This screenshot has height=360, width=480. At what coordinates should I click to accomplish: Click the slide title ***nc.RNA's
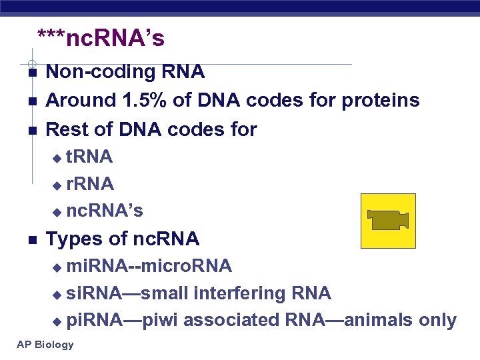coord(101,39)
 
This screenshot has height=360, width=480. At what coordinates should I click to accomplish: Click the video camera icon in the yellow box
coord(388,220)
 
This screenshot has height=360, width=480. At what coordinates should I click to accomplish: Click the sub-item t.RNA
coord(89,157)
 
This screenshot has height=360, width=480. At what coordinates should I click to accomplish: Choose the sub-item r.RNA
coord(90,183)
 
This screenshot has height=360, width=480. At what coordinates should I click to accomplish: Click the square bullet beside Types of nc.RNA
coord(31,239)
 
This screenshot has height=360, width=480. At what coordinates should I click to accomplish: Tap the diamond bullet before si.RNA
coord(57,294)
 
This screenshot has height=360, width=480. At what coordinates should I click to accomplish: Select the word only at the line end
coord(437,321)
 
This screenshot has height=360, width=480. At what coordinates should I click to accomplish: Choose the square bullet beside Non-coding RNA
coord(31,72)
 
